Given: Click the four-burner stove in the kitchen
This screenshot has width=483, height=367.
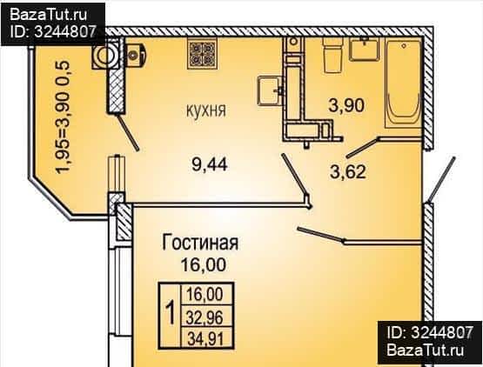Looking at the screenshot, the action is click(203, 55).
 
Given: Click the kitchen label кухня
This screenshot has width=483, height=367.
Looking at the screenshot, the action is click(206, 110).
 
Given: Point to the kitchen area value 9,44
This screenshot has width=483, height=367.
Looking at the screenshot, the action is click(210, 164).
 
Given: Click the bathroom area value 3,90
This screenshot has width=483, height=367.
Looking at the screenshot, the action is click(346, 105).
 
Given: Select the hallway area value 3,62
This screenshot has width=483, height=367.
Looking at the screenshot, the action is click(348, 171).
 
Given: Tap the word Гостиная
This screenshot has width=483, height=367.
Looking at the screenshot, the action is click(200, 243).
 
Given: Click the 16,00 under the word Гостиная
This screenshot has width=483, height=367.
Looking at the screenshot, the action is click(203, 264).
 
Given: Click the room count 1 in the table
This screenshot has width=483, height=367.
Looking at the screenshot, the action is click(170, 313).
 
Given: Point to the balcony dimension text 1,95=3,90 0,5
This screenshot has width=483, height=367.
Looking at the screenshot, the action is click(64, 117).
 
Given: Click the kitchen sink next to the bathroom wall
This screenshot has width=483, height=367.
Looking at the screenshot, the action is click(269, 90).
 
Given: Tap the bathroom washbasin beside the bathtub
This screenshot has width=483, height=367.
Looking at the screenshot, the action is click(364, 50).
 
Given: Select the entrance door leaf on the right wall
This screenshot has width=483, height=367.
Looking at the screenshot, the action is click(441, 180).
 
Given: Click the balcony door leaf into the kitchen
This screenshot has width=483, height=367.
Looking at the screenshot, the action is click(128, 133).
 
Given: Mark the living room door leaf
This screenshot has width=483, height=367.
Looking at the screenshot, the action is click(320, 235).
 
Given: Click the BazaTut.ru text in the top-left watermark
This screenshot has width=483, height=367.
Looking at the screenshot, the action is click(49, 15).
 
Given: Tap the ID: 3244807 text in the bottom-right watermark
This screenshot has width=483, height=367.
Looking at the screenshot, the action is click(429, 333).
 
